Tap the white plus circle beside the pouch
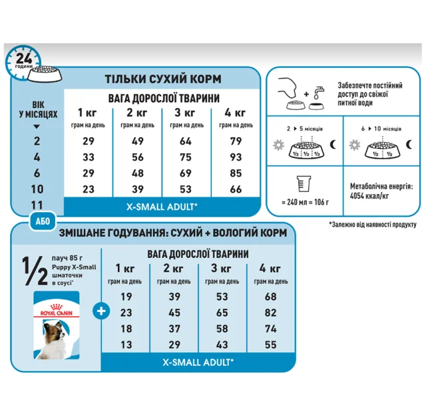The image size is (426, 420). click(101, 311)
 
